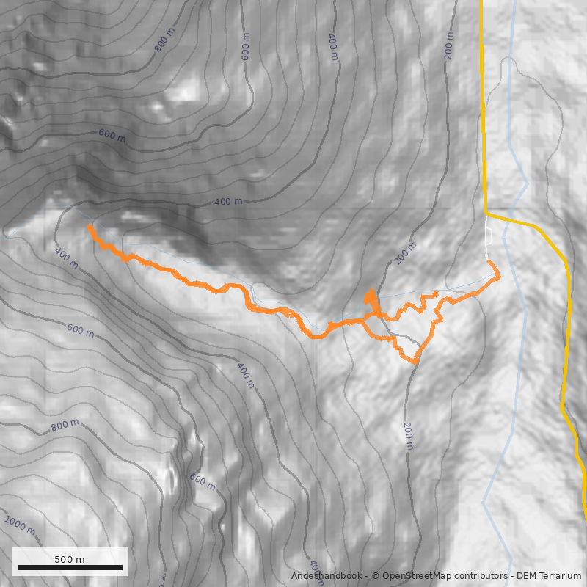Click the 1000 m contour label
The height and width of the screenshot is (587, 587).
click(x=19, y=525)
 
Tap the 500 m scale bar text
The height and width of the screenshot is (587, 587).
click(x=70, y=559)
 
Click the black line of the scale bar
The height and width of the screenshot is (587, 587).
click(x=70, y=567)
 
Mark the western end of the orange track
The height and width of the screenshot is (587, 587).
click(x=90, y=227)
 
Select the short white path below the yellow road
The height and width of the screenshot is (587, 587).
click(x=489, y=235)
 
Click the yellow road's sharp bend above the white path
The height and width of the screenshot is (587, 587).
click(x=486, y=214)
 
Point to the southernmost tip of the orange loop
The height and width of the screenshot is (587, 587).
click(x=415, y=362)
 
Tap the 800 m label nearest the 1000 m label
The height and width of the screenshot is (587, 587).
click(x=65, y=426)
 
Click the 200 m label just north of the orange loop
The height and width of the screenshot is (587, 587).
click(x=406, y=253)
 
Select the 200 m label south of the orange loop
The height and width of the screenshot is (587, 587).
click(x=408, y=436)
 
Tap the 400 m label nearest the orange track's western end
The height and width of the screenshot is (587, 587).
click(x=66, y=258)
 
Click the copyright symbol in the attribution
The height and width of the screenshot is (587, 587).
click(x=375, y=576)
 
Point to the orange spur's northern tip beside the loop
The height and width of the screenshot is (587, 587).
click(x=371, y=291)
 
